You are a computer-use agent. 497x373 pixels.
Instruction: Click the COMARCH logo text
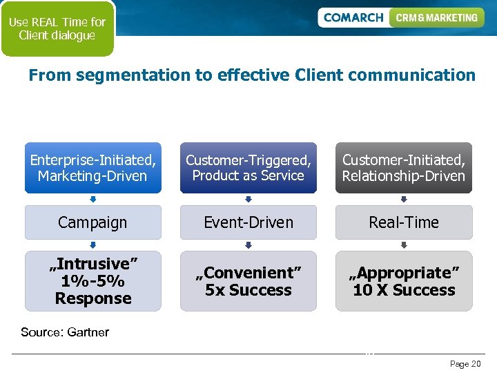(x=353, y=17)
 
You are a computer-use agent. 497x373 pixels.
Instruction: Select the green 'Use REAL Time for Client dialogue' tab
(x=57, y=29)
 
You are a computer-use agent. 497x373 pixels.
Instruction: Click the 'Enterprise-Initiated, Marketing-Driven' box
(x=93, y=168)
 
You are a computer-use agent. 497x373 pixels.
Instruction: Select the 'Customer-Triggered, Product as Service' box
(x=248, y=168)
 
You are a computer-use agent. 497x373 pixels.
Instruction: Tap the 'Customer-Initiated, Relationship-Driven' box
(x=404, y=168)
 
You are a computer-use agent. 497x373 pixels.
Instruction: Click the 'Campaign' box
(x=93, y=222)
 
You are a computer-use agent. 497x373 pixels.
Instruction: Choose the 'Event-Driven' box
(x=248, y=222)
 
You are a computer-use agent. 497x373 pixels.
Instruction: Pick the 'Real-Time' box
(x=404, y=222)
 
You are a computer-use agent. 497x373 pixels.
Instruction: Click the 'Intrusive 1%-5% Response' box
(x=93, y=281)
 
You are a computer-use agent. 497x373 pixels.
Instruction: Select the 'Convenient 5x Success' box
(x=248, y=281)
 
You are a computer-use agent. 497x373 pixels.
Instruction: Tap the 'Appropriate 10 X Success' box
(x=404, y=281)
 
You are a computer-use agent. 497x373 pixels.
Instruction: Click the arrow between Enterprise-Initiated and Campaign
(x=93, y=200)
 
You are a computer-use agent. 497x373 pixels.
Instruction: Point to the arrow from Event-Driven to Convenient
(x=248, y=245)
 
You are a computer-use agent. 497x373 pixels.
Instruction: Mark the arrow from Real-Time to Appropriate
(x=404, y=245)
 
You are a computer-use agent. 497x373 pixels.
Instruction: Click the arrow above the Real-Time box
(x=404, y=200)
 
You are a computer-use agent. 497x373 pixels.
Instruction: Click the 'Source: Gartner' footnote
(x=65, y=332)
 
